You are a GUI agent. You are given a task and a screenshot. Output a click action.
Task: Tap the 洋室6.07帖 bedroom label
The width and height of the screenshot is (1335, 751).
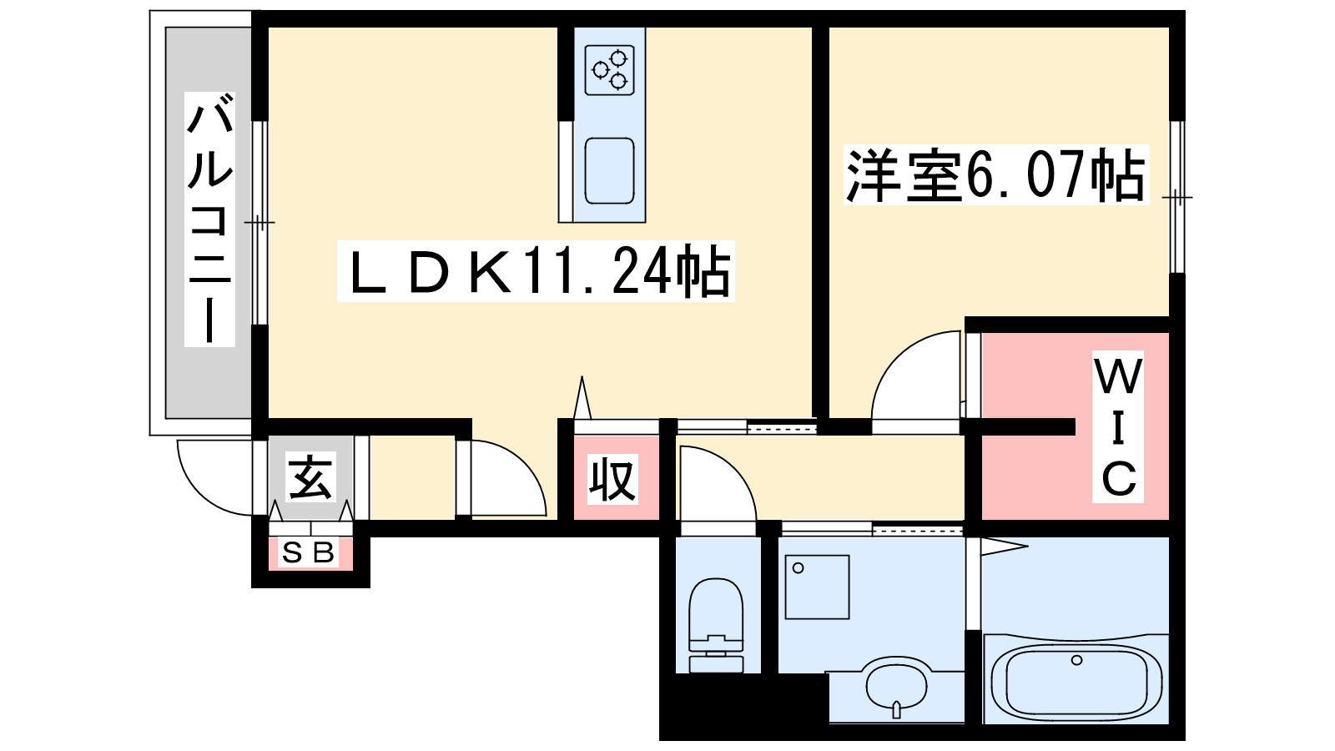click(995, 175)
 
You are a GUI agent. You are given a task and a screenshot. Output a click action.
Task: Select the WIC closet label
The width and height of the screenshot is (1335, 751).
click(1118, 426)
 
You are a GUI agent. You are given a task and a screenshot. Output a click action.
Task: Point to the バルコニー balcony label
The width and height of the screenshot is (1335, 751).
click(209, 219)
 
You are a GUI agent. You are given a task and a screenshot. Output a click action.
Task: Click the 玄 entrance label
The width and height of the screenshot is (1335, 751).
click(310, 476)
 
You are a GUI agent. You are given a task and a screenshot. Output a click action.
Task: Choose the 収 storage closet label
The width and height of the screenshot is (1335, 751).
click(612, 479)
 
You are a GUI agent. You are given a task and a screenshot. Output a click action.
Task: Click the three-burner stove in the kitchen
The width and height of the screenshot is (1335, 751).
click(609, 70)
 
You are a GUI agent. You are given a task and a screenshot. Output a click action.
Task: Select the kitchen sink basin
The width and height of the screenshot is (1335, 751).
click(609, 171)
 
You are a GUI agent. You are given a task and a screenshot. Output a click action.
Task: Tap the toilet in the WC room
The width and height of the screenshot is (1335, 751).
click(716, 625)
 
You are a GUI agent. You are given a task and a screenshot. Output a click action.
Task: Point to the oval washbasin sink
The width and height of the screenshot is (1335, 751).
click(897, 685)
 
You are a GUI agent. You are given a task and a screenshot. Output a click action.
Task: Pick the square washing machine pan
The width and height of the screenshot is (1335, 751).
click(817, 587)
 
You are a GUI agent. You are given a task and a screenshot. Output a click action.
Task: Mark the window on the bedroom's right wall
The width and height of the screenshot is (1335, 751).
click(1177, 197)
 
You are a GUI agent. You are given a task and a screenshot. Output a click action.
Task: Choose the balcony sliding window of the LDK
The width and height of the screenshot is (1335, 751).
click(259, 223)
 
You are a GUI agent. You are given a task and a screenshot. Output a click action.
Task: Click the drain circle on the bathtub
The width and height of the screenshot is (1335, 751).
click(1076, 660)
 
